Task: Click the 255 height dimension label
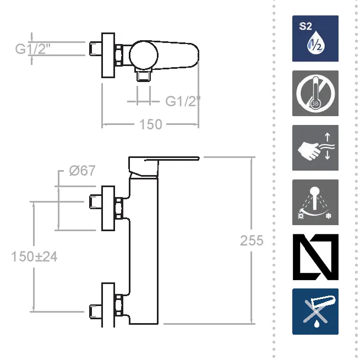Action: [x=252, y=241]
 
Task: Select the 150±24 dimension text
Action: [x=34, y=257]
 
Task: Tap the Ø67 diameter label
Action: [x=82, y=171]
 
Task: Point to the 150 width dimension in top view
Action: [x=151, y=124]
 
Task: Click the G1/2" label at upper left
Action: [x=32, y=49]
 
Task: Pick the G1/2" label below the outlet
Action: [x=183, y=101]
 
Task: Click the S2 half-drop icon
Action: [x=315, y=39]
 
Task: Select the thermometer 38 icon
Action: [x=315, y=93]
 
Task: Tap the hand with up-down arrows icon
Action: [x=315, y=148]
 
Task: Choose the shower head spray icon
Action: [x=315, y=202]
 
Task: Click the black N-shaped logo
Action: [x=315, y=257]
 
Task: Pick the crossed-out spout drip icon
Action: [x=315, y=312]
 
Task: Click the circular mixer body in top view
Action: [x=144, y=55]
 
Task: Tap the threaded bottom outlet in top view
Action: [x=144, y=75]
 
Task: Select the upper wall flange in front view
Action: [x=108, y=208]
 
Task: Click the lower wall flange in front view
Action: [x=108, y=305]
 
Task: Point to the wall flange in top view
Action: [x=108, y=55]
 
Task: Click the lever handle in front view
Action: [x=163, y=166]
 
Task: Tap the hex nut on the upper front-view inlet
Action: [x=118, y=208]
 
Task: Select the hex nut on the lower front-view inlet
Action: [x=118, y=305]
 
